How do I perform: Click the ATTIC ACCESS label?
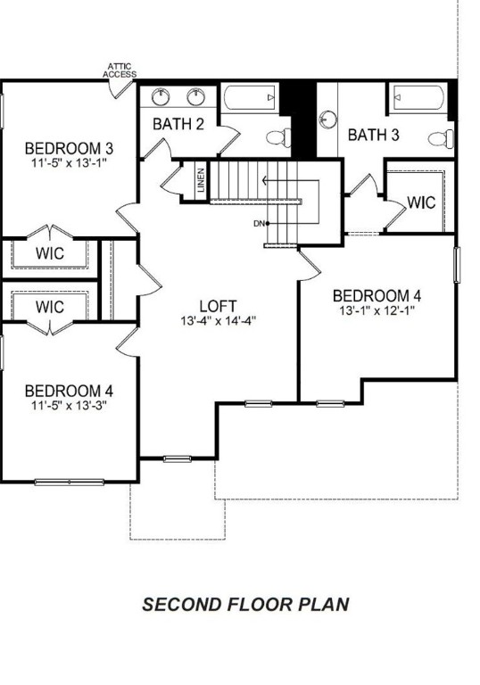pos(120,70)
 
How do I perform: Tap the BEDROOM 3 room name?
pos(69,149)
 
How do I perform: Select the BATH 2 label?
pos(178,125)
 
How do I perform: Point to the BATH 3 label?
pos(373,135)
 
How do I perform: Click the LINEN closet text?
pos(201,180)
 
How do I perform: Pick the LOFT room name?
pos(218,306)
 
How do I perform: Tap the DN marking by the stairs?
pos(259,224)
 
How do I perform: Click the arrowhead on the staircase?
pos(265,180)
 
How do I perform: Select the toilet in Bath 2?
pos(278,137)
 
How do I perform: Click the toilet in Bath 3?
pos(441,139)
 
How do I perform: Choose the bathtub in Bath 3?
pos(418,97)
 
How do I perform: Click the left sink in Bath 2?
pos(161,96)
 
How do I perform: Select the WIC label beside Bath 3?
pos(421,202)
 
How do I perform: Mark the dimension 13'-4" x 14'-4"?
pos(218,321)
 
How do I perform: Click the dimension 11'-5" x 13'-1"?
pos(69,163)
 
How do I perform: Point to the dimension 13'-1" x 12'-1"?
pos(377,310)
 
